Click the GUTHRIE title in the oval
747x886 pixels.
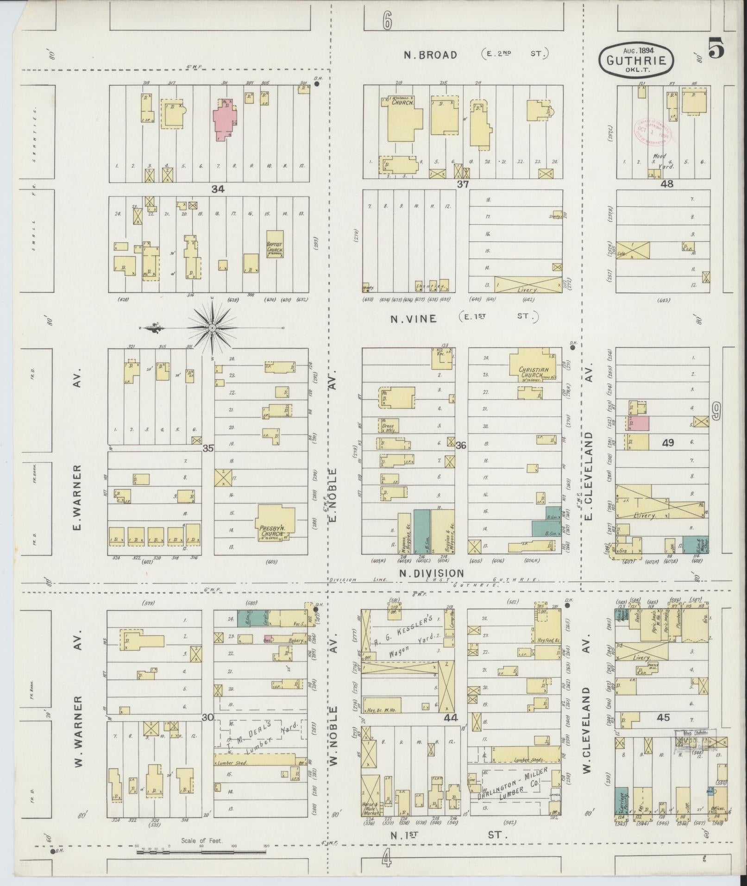636,60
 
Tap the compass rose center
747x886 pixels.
212,328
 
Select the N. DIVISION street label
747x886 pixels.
431,573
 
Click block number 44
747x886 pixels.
450,718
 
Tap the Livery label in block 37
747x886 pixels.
528,289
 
